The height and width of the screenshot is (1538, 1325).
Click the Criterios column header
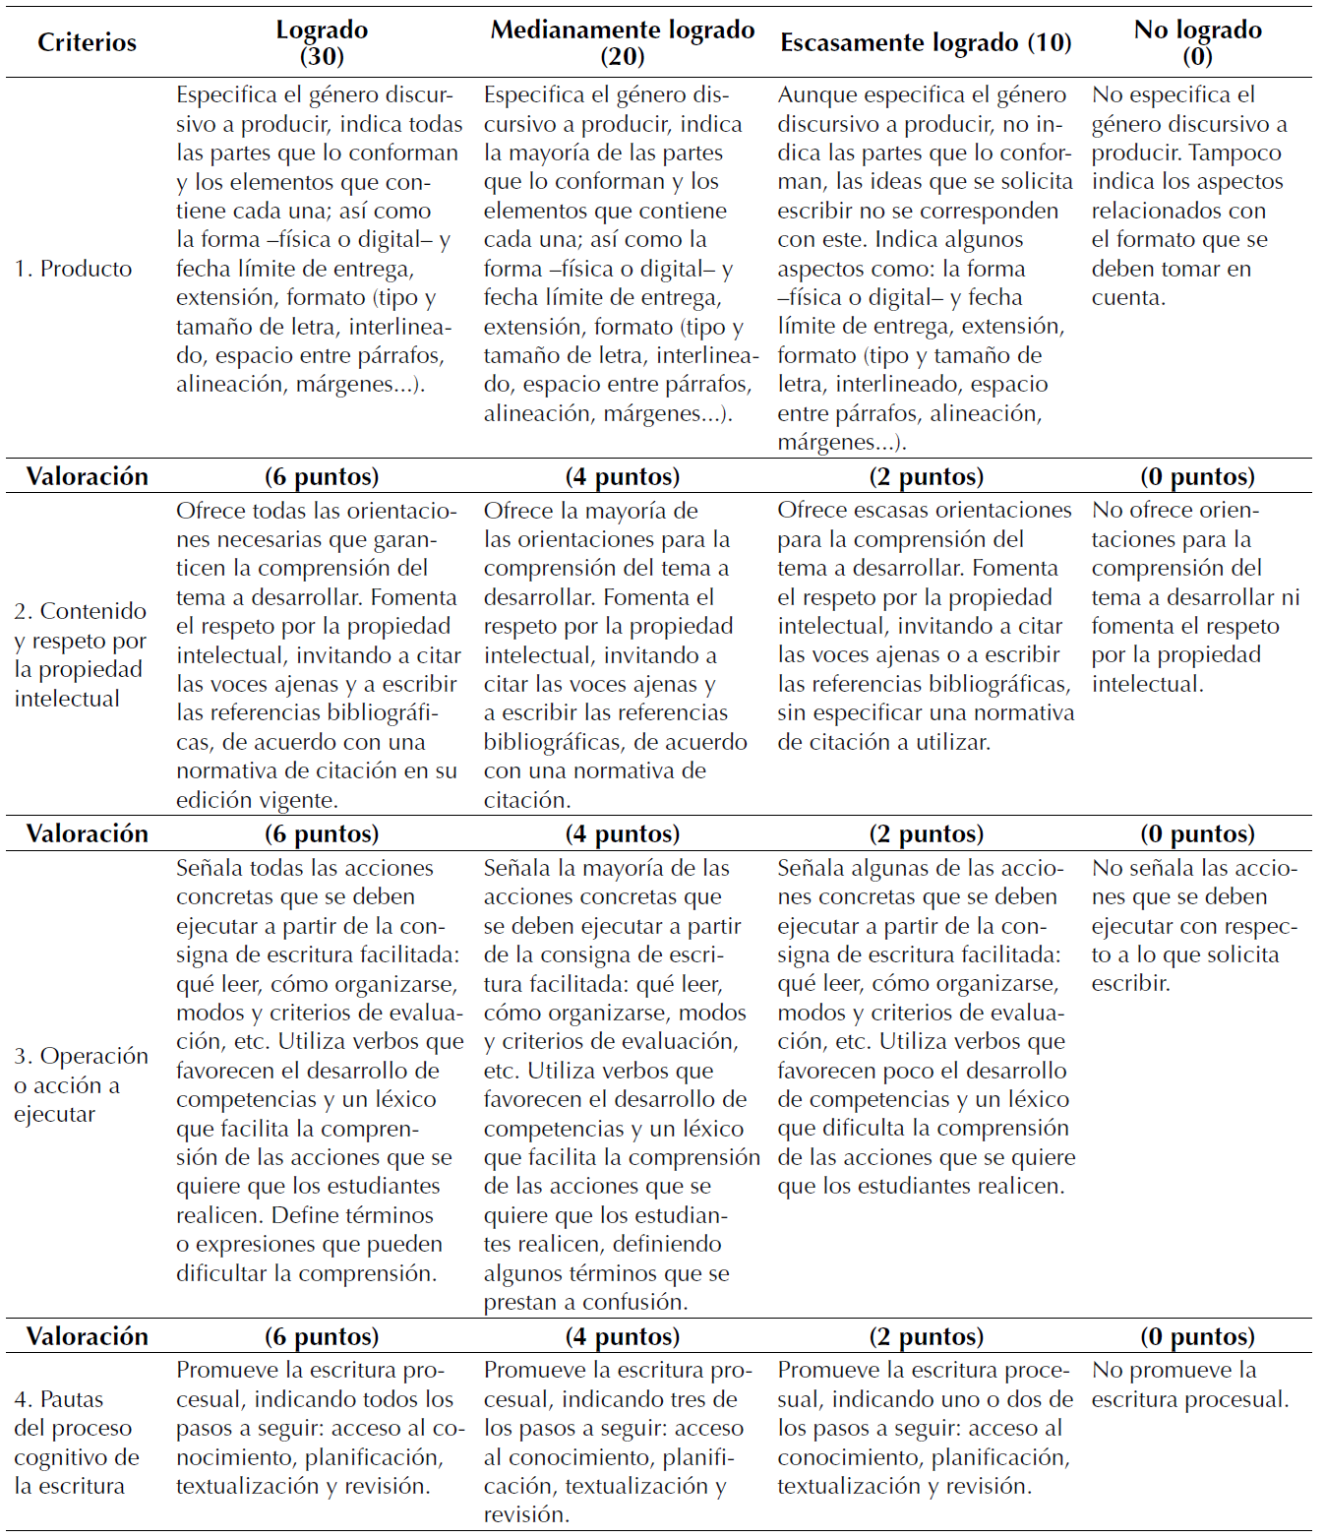coord(87,42)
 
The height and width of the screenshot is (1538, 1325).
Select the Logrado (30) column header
coord(322,42)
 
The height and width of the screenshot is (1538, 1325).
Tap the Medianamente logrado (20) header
coord(623,42)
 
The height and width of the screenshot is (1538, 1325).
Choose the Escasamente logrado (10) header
coord(926,42)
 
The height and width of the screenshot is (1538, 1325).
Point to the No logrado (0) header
coord(1197,42)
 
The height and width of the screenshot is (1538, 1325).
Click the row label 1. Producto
coord(73,269)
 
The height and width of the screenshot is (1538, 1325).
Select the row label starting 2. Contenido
coord(80,654)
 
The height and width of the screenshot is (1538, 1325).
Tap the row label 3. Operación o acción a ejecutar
coord(81,1084)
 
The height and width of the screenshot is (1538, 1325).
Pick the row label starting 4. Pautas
coord(76,1442)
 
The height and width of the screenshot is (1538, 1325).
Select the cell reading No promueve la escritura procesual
coord(1189,1384)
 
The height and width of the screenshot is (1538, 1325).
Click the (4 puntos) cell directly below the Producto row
coord(623,476)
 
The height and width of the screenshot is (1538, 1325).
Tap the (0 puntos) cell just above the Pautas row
coord(1197,1336)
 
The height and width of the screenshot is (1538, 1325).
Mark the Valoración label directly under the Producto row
coord(87,476)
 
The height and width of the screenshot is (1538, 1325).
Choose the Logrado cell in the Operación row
coord(320,1071)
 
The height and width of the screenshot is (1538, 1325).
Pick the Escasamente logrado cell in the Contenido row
coord(925,626)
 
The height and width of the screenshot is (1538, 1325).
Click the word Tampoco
coord(1235,153)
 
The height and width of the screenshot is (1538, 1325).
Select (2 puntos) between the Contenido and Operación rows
coord(926,833)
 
